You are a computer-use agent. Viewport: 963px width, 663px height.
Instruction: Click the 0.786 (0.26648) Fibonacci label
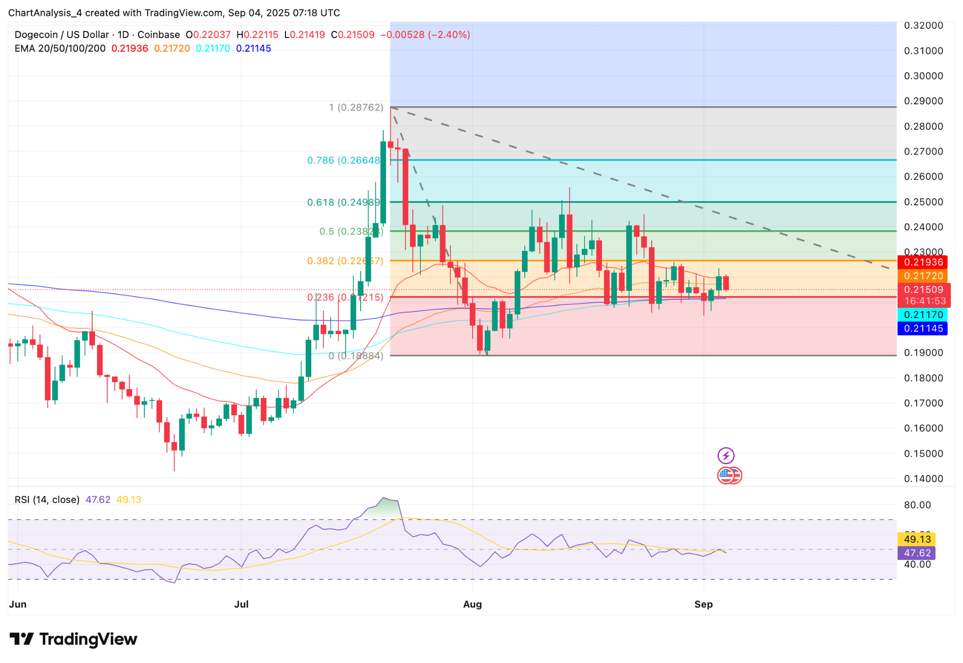[x=343, y=161]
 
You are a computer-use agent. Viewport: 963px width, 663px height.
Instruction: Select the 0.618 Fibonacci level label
[x=343, y=203]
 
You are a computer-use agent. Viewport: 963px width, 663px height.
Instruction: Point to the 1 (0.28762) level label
[x=356, y=108]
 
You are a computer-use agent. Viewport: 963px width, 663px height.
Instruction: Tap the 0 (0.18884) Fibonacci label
[x=355, y=356]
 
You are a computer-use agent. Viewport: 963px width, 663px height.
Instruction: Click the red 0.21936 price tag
[x=923, y=262]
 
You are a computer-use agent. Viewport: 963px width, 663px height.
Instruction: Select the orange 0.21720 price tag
[x=923, y=276]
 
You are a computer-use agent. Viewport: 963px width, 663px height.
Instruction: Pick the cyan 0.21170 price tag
[x=923, y=315]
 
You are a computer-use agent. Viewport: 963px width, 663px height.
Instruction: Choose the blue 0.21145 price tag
[x=923, y=328]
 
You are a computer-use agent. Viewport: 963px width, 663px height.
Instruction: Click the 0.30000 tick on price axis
[x=924, y=76]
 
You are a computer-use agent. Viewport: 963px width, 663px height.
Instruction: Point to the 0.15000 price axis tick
[x=924, y=454]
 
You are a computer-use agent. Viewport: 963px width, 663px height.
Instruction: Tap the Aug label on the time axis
[x=472, y=604]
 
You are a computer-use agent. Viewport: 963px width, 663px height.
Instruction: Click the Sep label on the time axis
[x=703, y=604]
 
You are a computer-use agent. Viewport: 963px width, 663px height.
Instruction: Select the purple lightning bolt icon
[x=726, y=455]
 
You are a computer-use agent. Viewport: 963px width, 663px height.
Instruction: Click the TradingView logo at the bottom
[x=73, y=639]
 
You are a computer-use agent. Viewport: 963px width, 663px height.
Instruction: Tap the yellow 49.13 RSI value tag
[x=917, y=539]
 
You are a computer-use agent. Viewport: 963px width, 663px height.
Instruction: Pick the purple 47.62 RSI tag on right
[x=917, y=553]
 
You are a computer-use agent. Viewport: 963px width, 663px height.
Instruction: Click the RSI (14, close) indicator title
[x=47, y=500]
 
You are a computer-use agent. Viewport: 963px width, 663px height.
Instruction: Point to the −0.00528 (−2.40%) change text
[x=425, y=35]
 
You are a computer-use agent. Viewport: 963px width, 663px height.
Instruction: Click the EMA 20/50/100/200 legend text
[x=60, y=48]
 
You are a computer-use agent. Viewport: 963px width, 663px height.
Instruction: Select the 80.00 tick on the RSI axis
[x=917, y=505]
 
